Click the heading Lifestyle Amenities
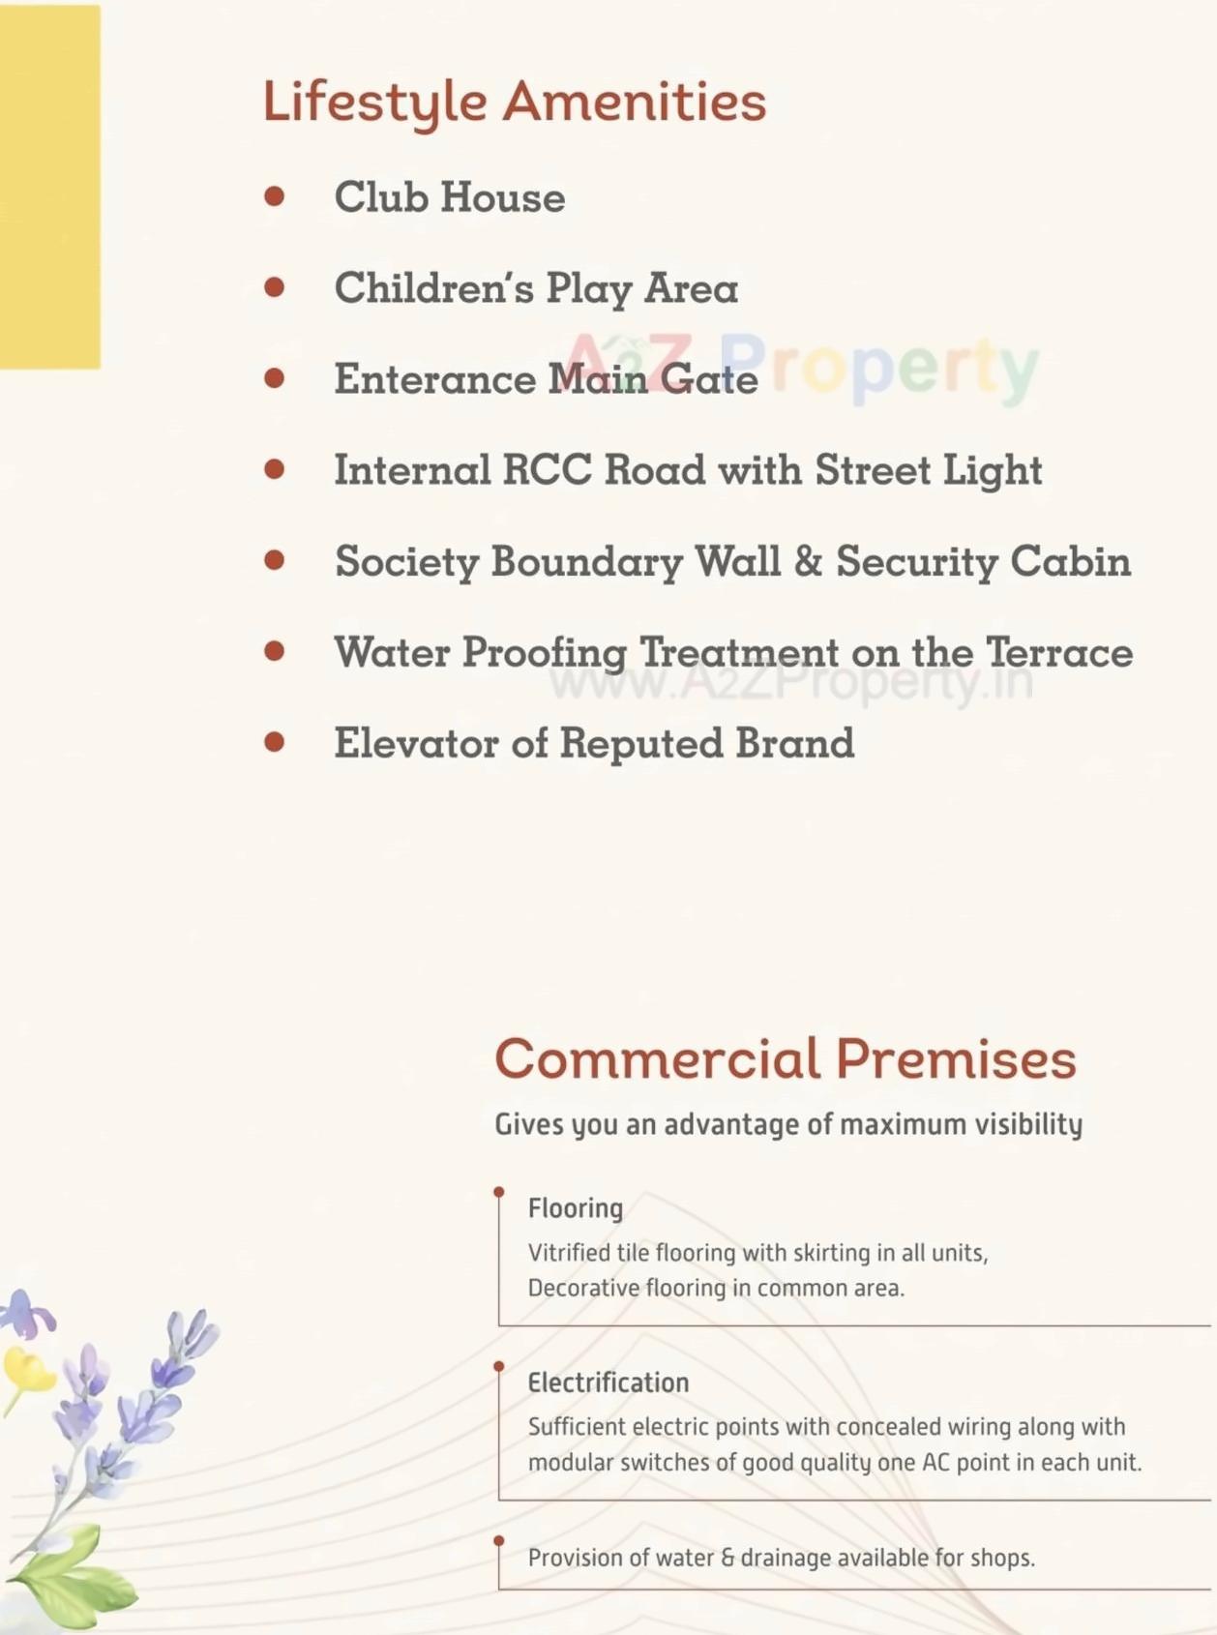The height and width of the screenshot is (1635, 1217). pyautogui.click(x=514, y=102)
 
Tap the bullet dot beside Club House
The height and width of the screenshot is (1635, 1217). pyautogui.click(x=275, y=196)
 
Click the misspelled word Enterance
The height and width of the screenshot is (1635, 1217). pyautogui.click(x=434, y=378)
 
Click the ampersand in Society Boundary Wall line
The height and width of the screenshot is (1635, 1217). pyautogui.click(x=808, y=561)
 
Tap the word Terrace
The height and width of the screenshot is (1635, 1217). pyautogui.click(x=1059, y=652)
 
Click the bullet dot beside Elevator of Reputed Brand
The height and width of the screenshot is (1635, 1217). pyautogui.click(x=275, y=742)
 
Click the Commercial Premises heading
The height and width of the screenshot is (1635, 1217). pyautogui.click(x=785, y=1058)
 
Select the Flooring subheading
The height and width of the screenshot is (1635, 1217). pyautogui.click(x=576, y=1208)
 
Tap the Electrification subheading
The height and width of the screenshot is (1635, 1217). pyautogui.click(x=608, y=1382)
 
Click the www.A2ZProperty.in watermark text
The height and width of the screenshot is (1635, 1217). pyautogui.click(x=790, y=682)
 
